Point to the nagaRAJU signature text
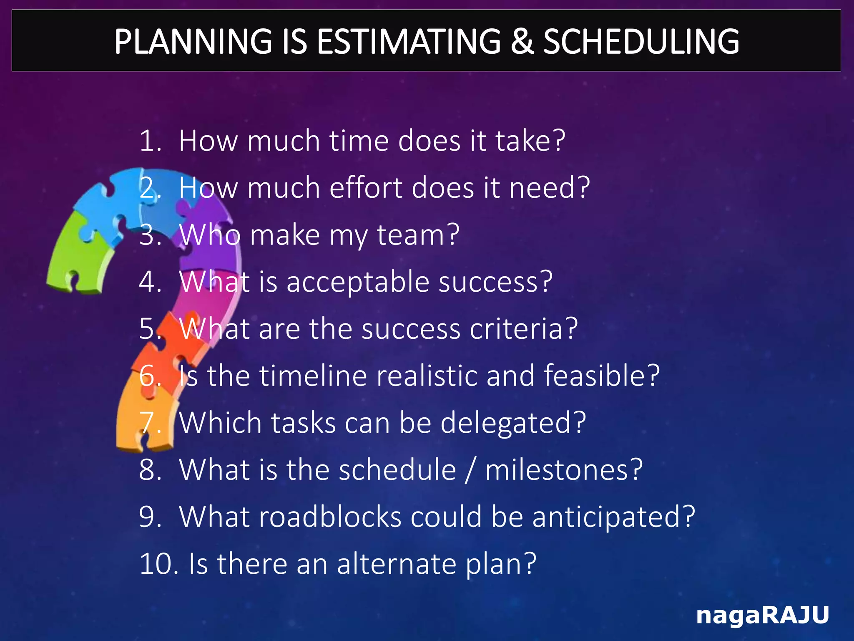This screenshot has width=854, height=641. (x=762, y=615)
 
